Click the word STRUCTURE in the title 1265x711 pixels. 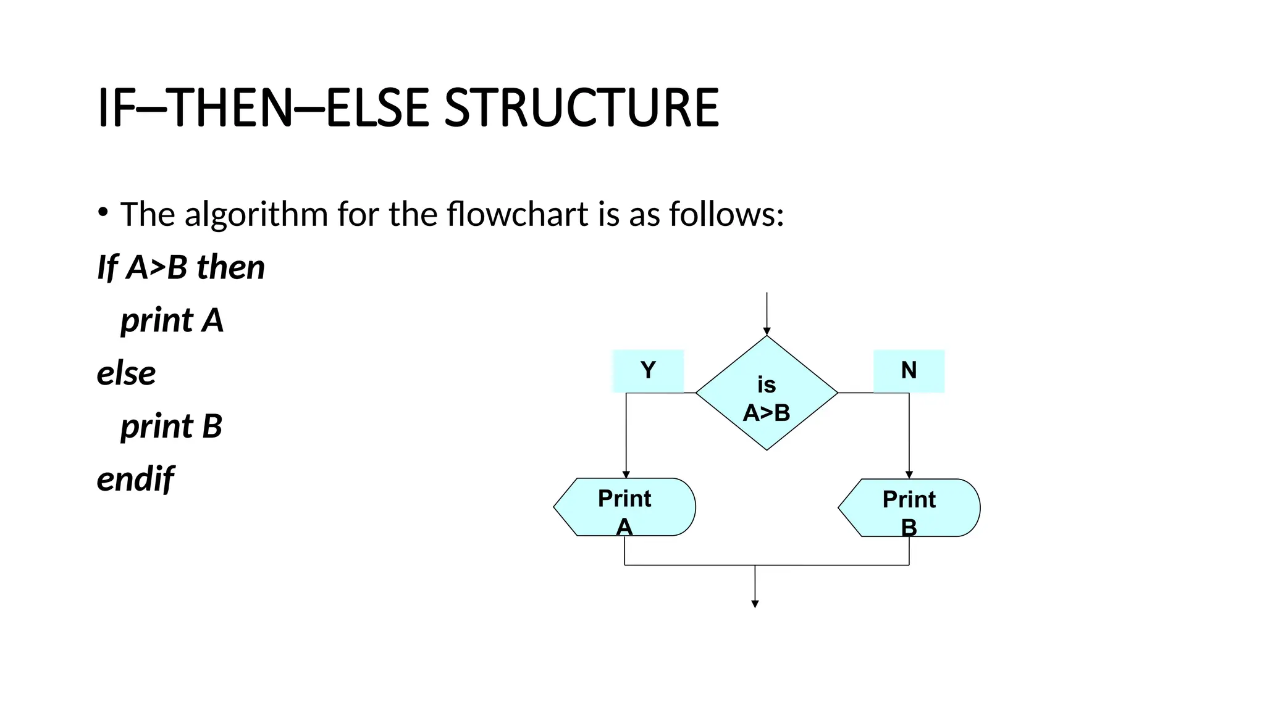click(x=581, y=108)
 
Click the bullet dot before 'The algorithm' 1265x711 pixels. click(x=103, y=213)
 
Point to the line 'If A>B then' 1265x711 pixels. click(x=181, y=267)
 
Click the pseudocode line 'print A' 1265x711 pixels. click(x=172, y=320)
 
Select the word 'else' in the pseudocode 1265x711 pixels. click(x=127, y=373)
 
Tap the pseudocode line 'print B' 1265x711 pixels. click(x=171, y=426)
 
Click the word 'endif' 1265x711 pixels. click(x=135, y=479)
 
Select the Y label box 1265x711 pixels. click(x=648, y=371)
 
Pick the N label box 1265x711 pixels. click(x=909, y=371)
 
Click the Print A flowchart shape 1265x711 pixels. click(x=625, y=507)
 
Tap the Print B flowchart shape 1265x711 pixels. click(x=909, y=508)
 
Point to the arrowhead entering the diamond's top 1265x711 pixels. click(x=767, y=331)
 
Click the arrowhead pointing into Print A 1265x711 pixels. click(x=626, y=475)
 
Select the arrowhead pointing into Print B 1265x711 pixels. click(x=909, y=475)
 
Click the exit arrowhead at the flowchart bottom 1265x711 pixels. click(x=755, y=604)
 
